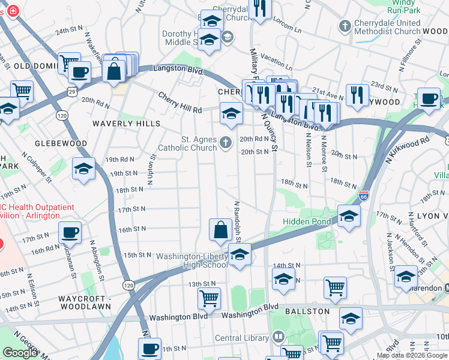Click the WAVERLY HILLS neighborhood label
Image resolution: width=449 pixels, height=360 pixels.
pos(126,124)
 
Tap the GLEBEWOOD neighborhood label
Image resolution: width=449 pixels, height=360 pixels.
pos(61,144)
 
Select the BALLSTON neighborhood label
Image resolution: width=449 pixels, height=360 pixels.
pos(307,311)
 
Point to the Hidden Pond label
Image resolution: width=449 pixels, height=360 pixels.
pos(307,221)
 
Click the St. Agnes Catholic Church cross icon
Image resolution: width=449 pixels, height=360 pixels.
pos(226,142)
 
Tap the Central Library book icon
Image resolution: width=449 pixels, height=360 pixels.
pos(277,337)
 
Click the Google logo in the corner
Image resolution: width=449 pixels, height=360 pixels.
pos(20,353)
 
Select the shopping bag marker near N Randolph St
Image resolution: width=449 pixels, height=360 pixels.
pos(221,229)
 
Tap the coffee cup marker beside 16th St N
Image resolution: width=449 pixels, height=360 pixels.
pos(70,232)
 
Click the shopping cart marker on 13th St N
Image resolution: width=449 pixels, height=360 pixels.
pos(209,298)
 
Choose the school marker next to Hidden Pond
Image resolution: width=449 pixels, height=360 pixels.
pos(348,217)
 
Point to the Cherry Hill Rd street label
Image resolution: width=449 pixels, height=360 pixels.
pos(180,103)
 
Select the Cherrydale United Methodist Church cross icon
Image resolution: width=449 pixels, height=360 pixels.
pos(345,26)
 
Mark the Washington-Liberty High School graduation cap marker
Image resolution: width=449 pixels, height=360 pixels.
pos(240,255)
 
